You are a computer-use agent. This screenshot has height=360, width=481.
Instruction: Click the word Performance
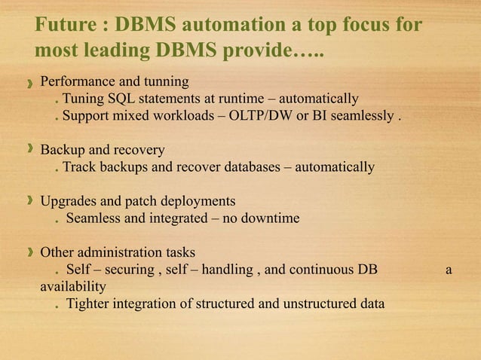tap(78, 81)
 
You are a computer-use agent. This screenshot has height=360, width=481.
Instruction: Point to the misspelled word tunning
tap(166, 81)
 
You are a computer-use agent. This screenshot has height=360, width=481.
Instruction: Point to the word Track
tap(78, 167)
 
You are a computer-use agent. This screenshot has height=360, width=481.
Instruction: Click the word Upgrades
tap(69, 201)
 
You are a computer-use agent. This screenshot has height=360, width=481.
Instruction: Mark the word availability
tap(72, 287)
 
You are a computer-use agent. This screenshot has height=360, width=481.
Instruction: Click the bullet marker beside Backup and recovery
tap(29, 149)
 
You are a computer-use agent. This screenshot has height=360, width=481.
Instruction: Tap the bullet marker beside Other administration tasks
tap(29, 252)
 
